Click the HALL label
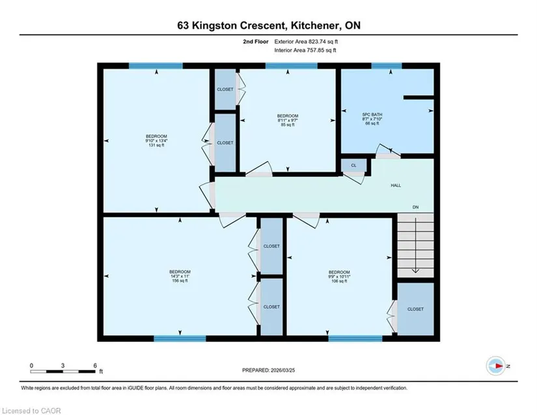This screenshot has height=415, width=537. [x=396, y=186]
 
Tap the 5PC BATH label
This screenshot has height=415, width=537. [x=372, y=119]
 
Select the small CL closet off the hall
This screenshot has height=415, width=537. [x=353, y=165]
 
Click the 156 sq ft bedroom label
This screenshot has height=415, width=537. [x=180, y=276]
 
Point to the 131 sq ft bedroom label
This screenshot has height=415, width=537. [x=156, y=141]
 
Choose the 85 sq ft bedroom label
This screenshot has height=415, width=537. [x=287, y=121]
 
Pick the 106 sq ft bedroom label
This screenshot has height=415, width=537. [x=339, y=276]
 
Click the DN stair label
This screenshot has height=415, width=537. [x=415, y=207]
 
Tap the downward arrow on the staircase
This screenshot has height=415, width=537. [x=415, y=246]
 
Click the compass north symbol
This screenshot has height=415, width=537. [x=496, y=366]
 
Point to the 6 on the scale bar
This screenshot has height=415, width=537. [x=95, y=365]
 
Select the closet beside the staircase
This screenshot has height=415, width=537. [x=415, y=309]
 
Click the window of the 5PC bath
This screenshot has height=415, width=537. [x=387, y=66]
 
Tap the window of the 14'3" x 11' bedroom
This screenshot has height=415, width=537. [x=180, y=339]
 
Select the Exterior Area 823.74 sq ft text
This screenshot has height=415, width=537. [x=306, y=42]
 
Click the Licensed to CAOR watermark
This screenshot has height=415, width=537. [x=31, y=410]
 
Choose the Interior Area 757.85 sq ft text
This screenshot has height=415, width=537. [x=305, y=50]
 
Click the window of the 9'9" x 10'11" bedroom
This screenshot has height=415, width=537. [x=355, y=339]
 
